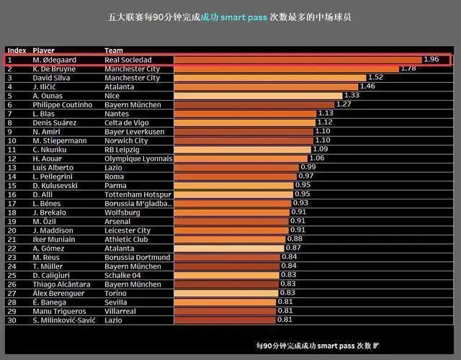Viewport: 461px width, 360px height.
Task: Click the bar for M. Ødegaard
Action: tap(297, 60)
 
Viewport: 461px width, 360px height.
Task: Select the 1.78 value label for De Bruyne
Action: tap(408, 68)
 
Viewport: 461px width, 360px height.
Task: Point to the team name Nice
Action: tap(112, 96)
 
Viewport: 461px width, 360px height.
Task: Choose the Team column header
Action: tap(113, 50)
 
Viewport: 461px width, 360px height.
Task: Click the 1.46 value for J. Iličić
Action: tap(367, 86)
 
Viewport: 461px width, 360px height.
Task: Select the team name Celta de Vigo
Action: tap(128, 122)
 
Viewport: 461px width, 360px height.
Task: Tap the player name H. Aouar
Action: tap(49, 158)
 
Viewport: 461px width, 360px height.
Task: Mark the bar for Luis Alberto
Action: tap(236, 167)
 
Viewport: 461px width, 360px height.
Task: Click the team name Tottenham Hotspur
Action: tap(137, 194)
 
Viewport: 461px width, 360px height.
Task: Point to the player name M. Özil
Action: tap(45, 221)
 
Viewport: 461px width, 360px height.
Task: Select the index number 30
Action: tap(12, 320)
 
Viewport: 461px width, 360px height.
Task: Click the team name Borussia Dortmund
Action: tap(137, 257)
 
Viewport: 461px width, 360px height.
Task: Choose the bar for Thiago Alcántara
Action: tap(225, 284)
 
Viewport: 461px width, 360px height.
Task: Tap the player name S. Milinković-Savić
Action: tap(66, 320)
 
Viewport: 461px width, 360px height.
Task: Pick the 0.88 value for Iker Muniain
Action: tap(295, 239)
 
